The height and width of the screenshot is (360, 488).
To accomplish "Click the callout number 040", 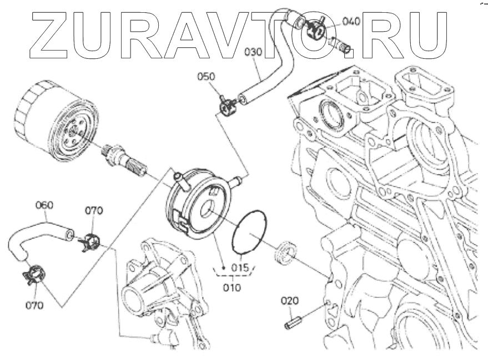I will tap(351, 22).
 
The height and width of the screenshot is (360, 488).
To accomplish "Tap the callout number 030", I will tap(253, 53).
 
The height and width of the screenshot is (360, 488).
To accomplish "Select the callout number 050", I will tap(207, 76).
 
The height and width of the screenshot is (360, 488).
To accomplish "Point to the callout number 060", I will tap(44, 205).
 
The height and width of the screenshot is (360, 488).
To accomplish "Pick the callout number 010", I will tap(232, 287).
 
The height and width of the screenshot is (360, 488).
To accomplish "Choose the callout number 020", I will tap(289, 301).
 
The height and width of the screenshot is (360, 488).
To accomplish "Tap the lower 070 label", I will tap(36, 304).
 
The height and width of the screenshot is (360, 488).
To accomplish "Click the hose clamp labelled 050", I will tap(227, 106).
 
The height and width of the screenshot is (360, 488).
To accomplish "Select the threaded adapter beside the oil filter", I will tap(125, 160).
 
